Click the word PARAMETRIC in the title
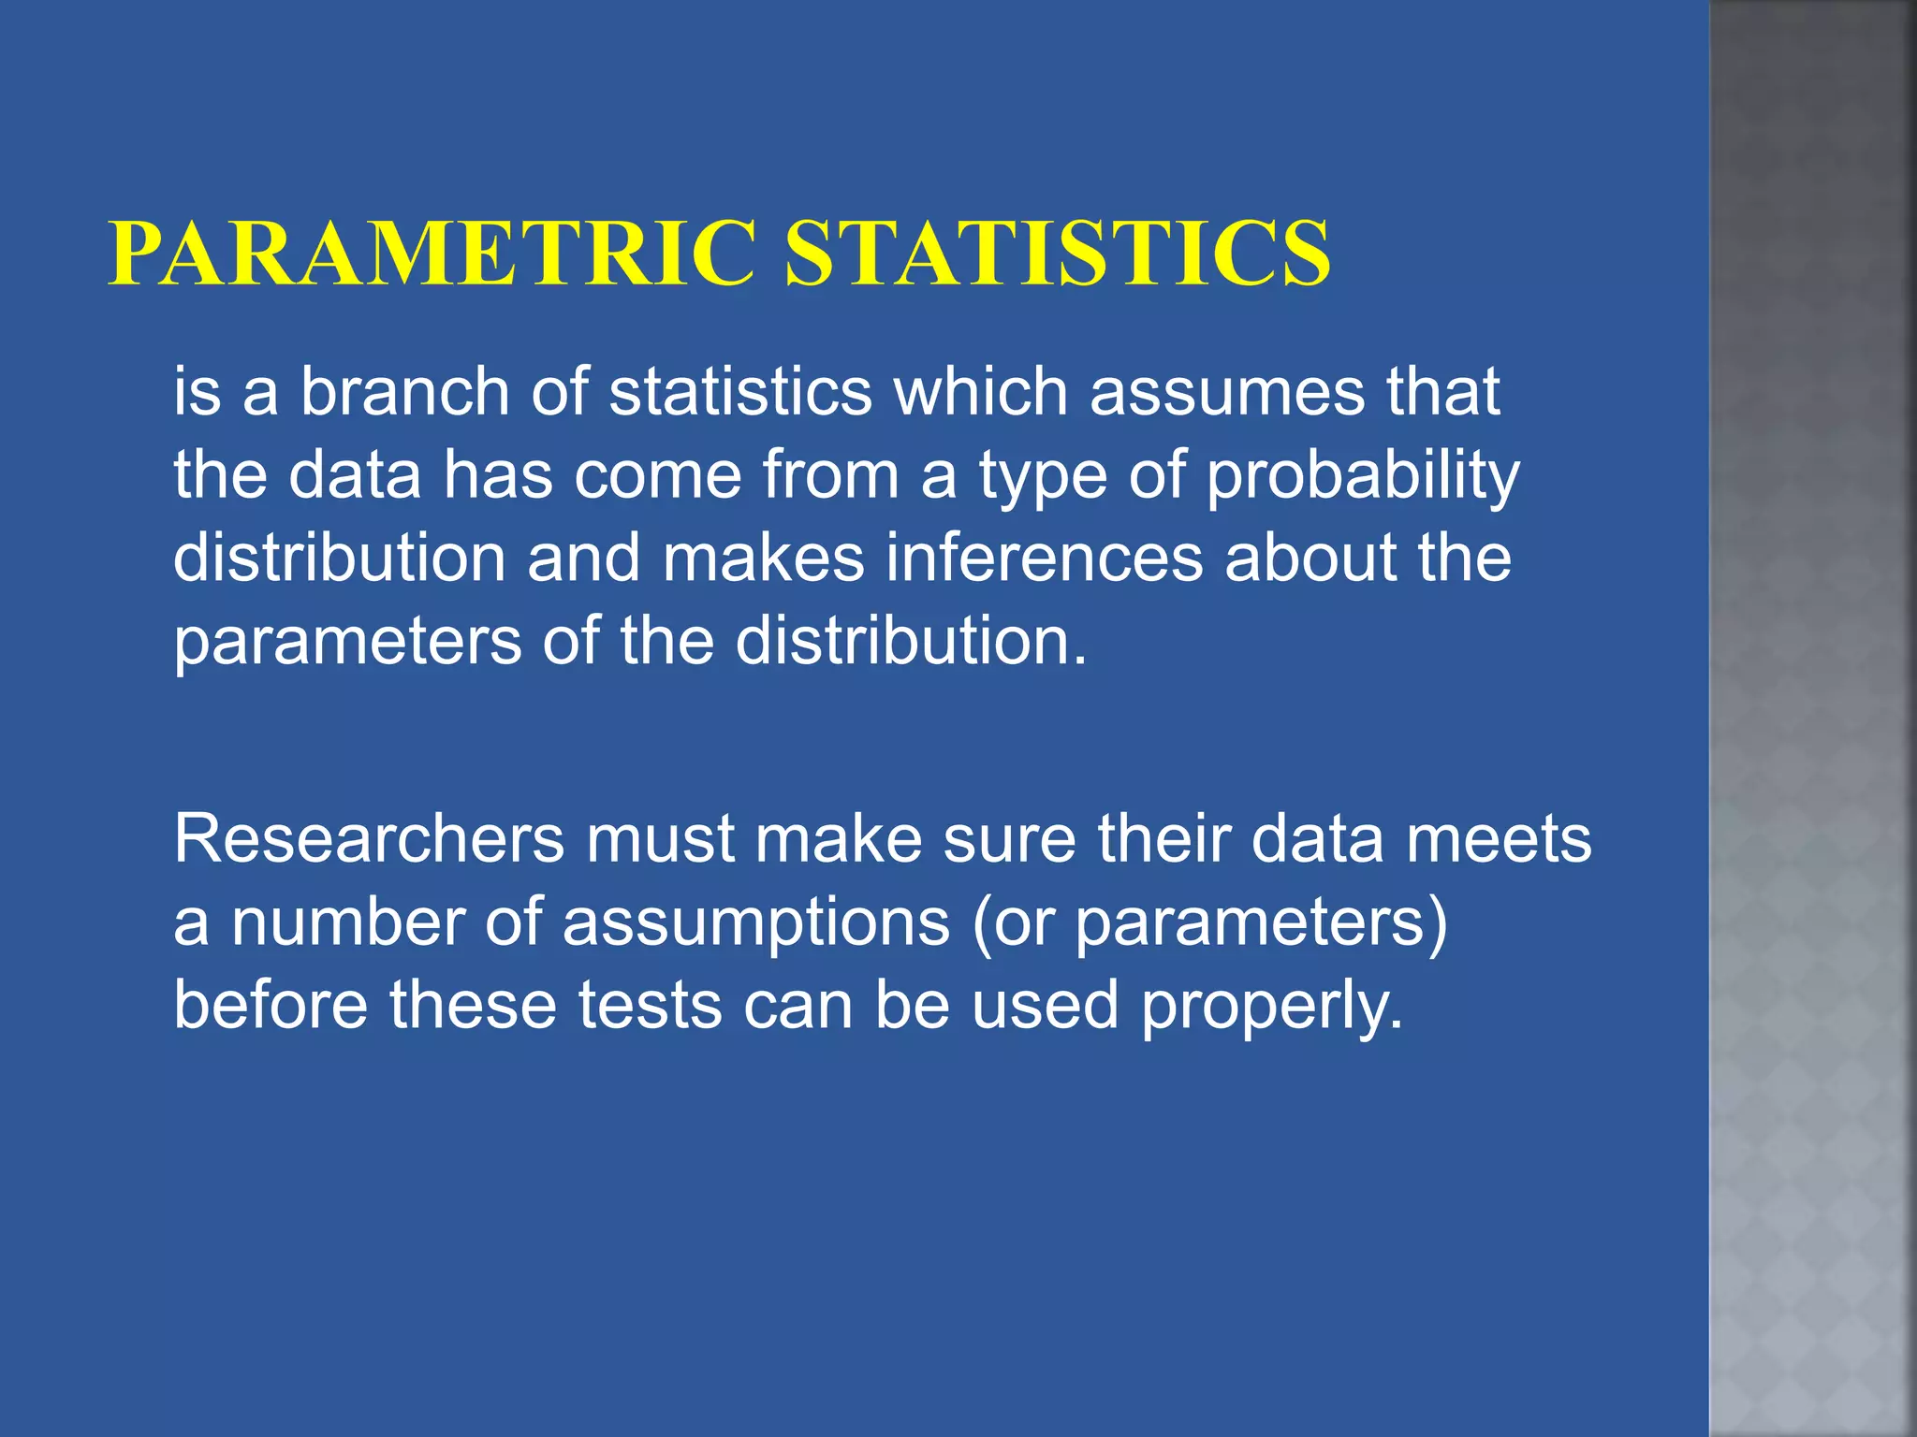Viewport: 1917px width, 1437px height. click(432, 254)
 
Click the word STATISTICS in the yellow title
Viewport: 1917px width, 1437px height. click(1057, 254)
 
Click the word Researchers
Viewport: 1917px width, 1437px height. click(369, 838)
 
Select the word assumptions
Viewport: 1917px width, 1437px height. click(756, 922)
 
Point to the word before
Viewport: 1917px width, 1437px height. click(271, 1005)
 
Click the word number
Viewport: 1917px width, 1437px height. click(347, 922)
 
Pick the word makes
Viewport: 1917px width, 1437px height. click(764, 558)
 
